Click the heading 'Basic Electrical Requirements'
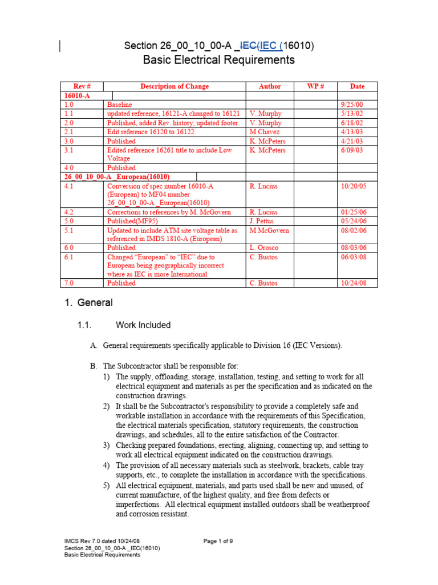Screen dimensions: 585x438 pyautogui.click(x=218, y=60)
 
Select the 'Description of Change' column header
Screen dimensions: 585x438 pyautogui.click(x=175, y=86)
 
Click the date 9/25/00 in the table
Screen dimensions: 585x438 pyautogui.click(x=350, y=105)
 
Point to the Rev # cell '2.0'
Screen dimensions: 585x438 pyautogui.click(x=69, y=123)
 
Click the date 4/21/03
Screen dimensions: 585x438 pyautogui.click(x=350, y=141)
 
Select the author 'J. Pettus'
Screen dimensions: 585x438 pyautogui.click(x=263, y=221)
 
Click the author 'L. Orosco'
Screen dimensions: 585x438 pyautogui.click(x=264, y=248)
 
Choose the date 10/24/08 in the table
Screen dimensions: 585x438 pyautogui.click(x=352, y=283)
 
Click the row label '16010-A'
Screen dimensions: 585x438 pyautogui.click(x=78, y=96)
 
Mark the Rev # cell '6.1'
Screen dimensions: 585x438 pyautogui.click(x=69, y=257)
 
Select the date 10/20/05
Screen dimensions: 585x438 pyautogui.click(x=352, y=186)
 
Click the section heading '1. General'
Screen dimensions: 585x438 pyautogui.click(x=88, y=303)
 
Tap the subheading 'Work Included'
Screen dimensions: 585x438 pyautogui.click(x=143, y=325)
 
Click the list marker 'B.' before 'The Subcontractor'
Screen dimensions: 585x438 pyautogui.click(x=94, y=365)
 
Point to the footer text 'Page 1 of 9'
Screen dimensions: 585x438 pyautogui.click(x=218, y=541)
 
